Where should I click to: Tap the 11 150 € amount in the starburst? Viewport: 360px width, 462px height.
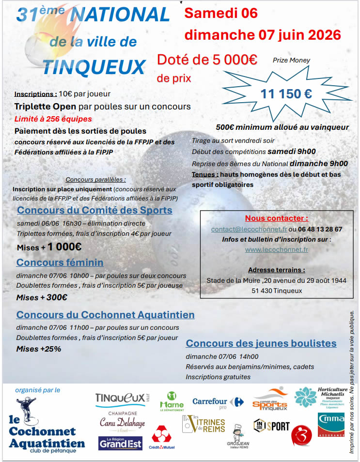286,94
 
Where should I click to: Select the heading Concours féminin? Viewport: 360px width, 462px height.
60,262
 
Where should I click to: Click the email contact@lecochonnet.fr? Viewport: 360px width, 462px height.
249,229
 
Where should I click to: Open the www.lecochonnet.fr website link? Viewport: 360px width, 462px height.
276,250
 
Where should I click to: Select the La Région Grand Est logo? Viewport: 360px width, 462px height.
120,443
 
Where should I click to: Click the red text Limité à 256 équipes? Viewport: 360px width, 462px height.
53,119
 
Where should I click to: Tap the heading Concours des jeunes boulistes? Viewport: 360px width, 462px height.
261,343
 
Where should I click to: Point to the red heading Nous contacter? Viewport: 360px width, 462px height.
276,218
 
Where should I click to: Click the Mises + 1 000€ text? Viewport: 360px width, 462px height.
49,247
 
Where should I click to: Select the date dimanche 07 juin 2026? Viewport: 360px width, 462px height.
262,35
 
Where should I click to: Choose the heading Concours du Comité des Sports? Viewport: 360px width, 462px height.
94,210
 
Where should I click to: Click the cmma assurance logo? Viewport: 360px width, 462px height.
331,424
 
